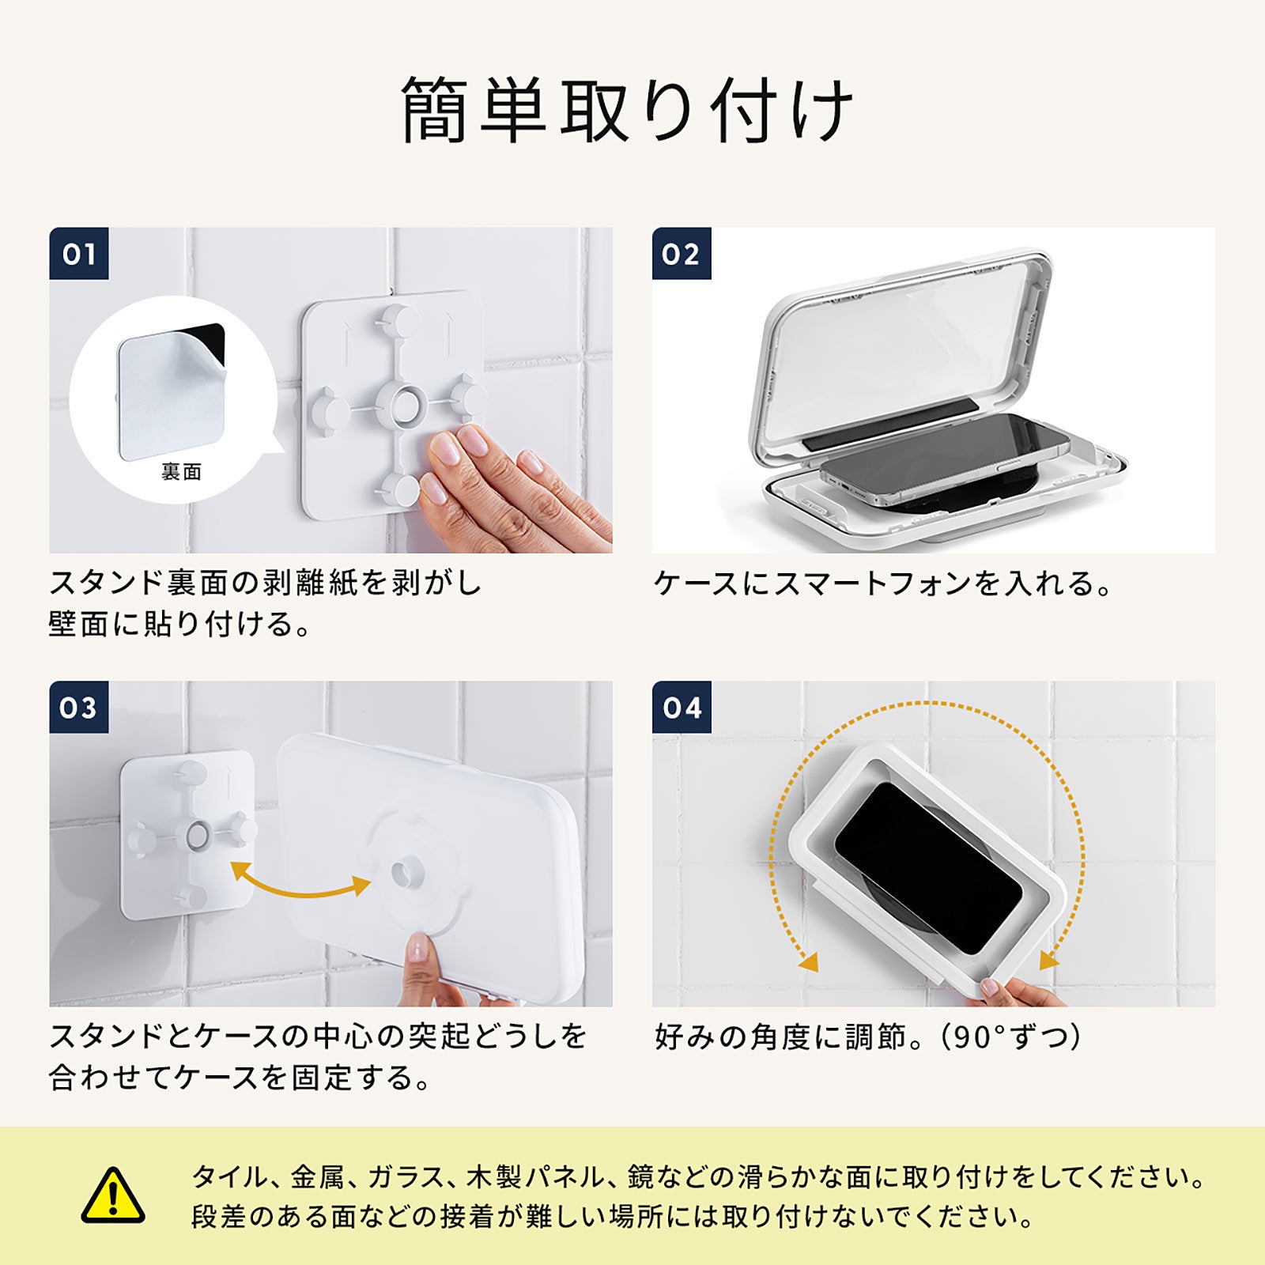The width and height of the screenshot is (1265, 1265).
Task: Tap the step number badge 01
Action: click(79, 254)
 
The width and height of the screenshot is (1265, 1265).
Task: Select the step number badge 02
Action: click(682, 254)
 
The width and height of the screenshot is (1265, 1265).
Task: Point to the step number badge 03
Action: click(79, 707)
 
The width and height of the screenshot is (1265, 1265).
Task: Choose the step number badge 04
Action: click(682, 707)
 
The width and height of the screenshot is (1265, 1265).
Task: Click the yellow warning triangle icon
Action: click(113, 1195)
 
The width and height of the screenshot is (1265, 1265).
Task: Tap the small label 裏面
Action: click(182, 472)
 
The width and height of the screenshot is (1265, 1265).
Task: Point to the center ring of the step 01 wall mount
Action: click(400, 405)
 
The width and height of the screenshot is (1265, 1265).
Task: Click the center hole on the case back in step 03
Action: click(408, 873)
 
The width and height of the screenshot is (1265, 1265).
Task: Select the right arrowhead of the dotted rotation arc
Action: click(1049, 959)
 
